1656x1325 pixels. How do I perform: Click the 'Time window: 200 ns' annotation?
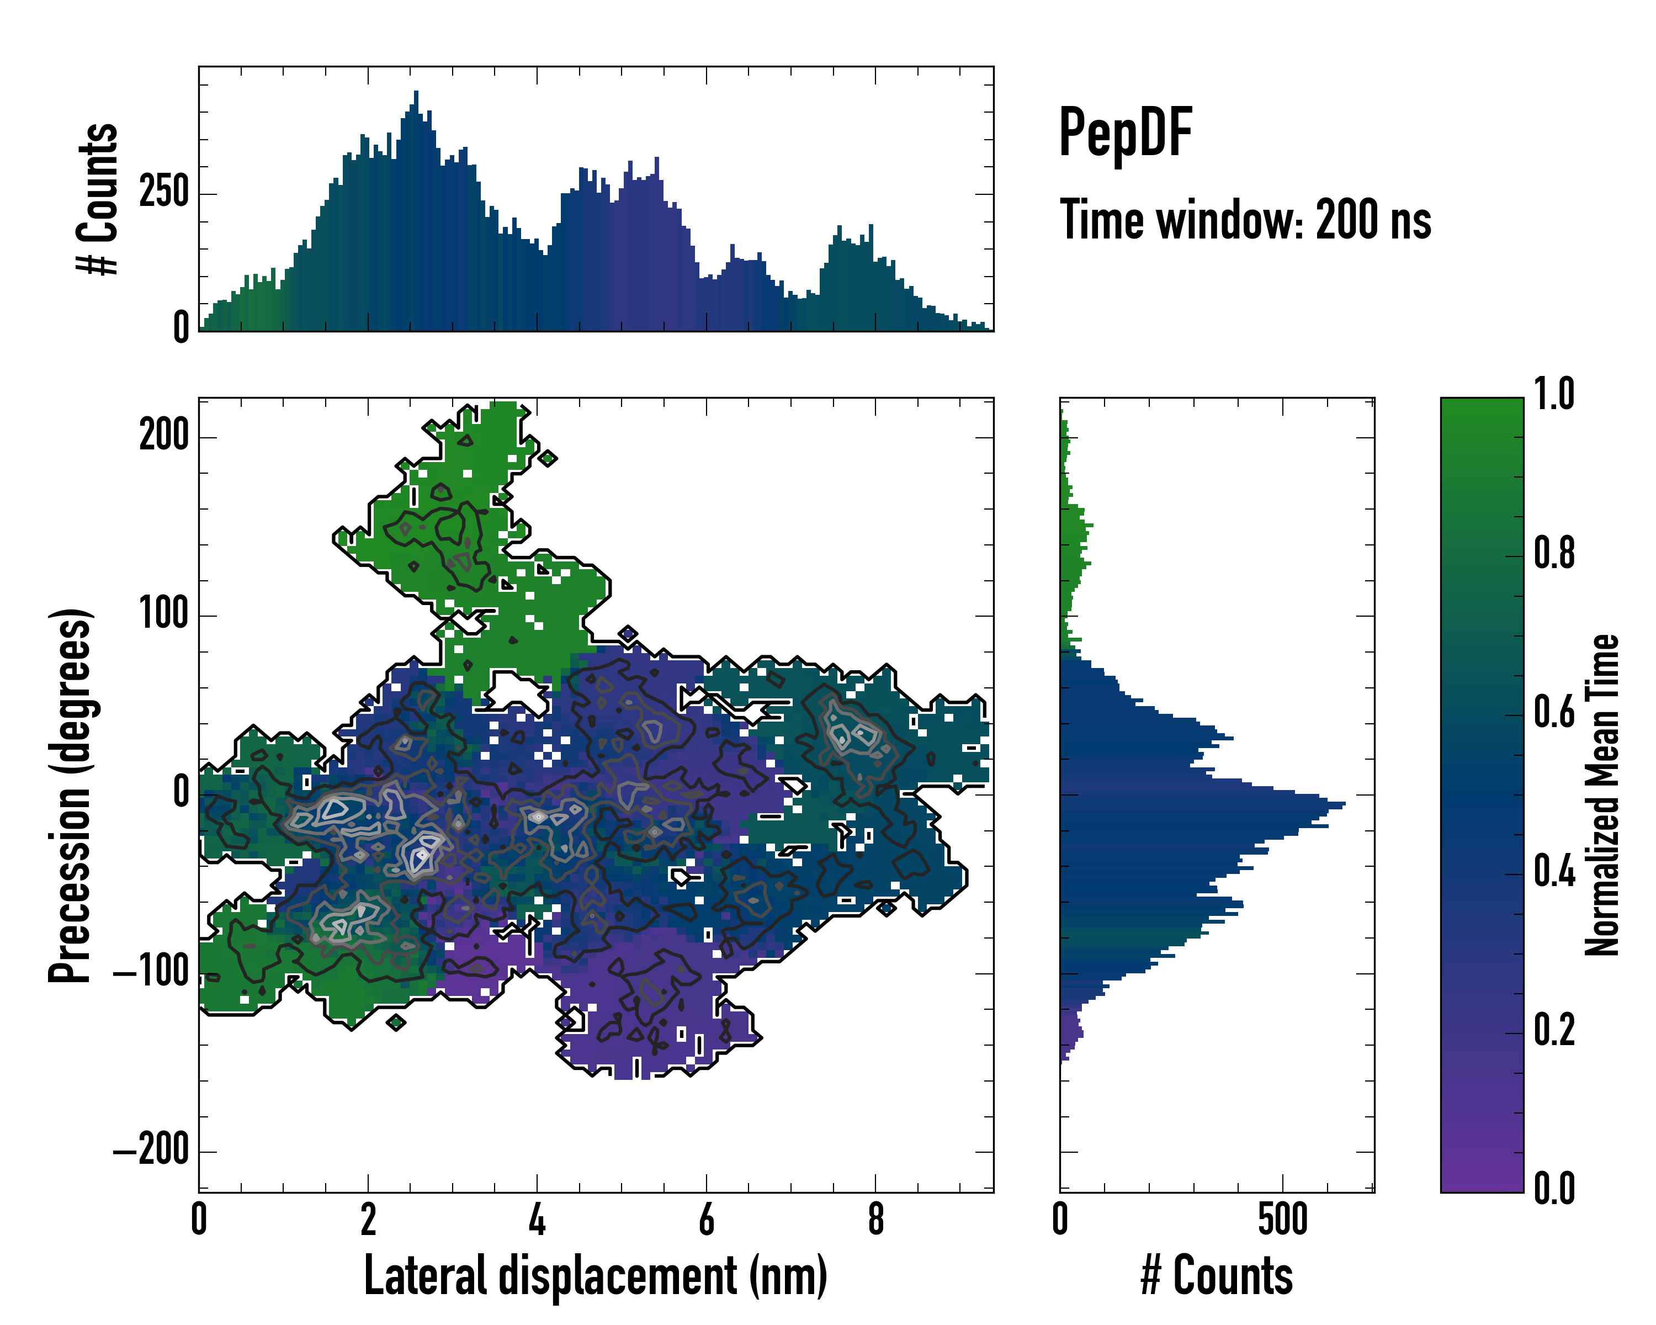1245,220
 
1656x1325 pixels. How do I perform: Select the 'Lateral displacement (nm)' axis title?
595,1276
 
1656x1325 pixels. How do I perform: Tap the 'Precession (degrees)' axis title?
71,796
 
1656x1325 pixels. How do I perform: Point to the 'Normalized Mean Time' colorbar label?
1602,795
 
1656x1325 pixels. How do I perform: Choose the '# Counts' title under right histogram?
1217,1276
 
